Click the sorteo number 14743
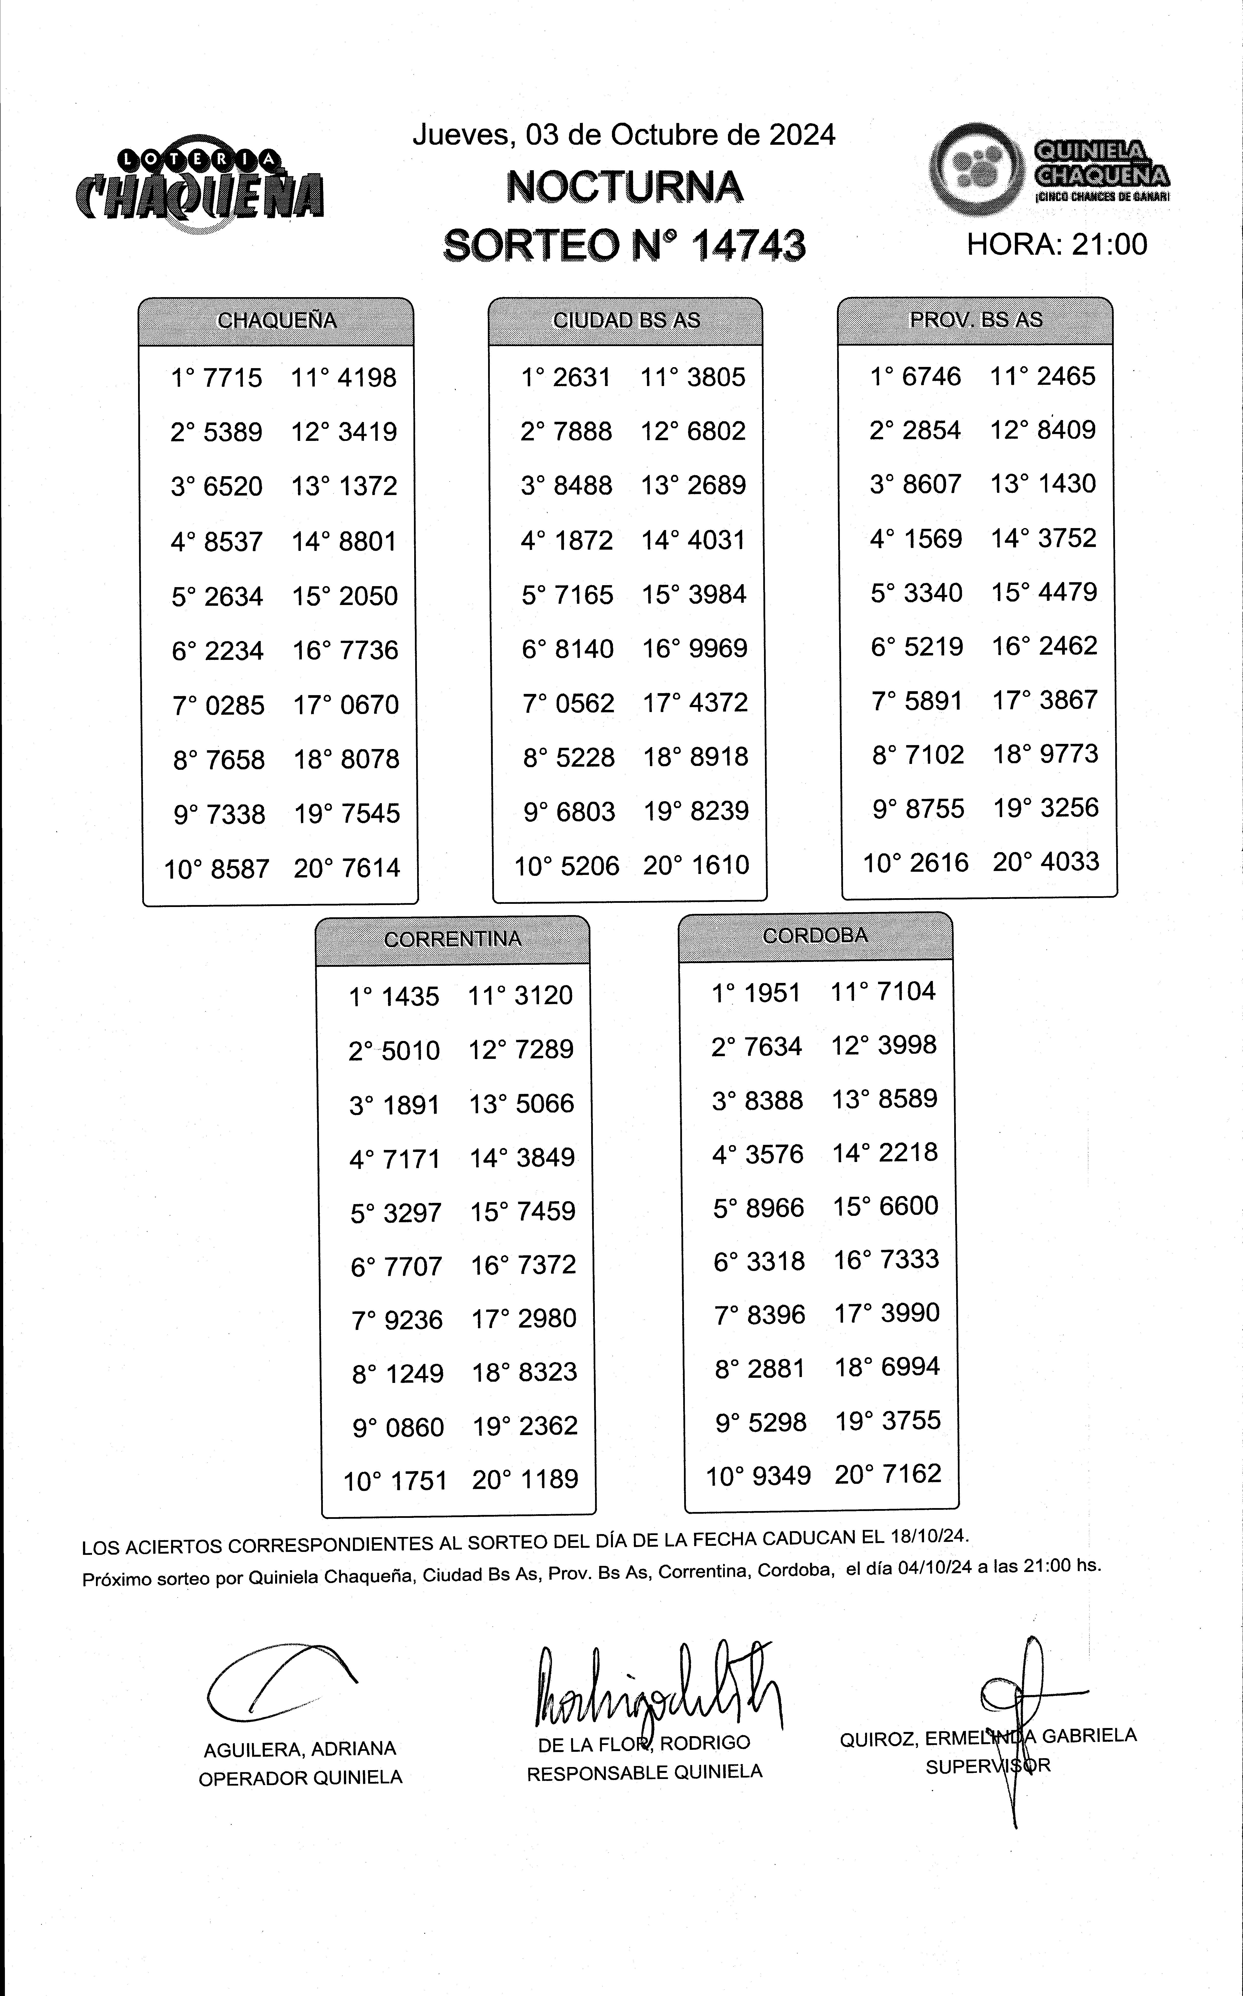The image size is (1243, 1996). tap(748, 245)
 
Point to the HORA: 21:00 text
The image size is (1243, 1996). tap(1056, 244)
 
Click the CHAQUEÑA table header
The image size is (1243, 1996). tap(277, 321)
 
